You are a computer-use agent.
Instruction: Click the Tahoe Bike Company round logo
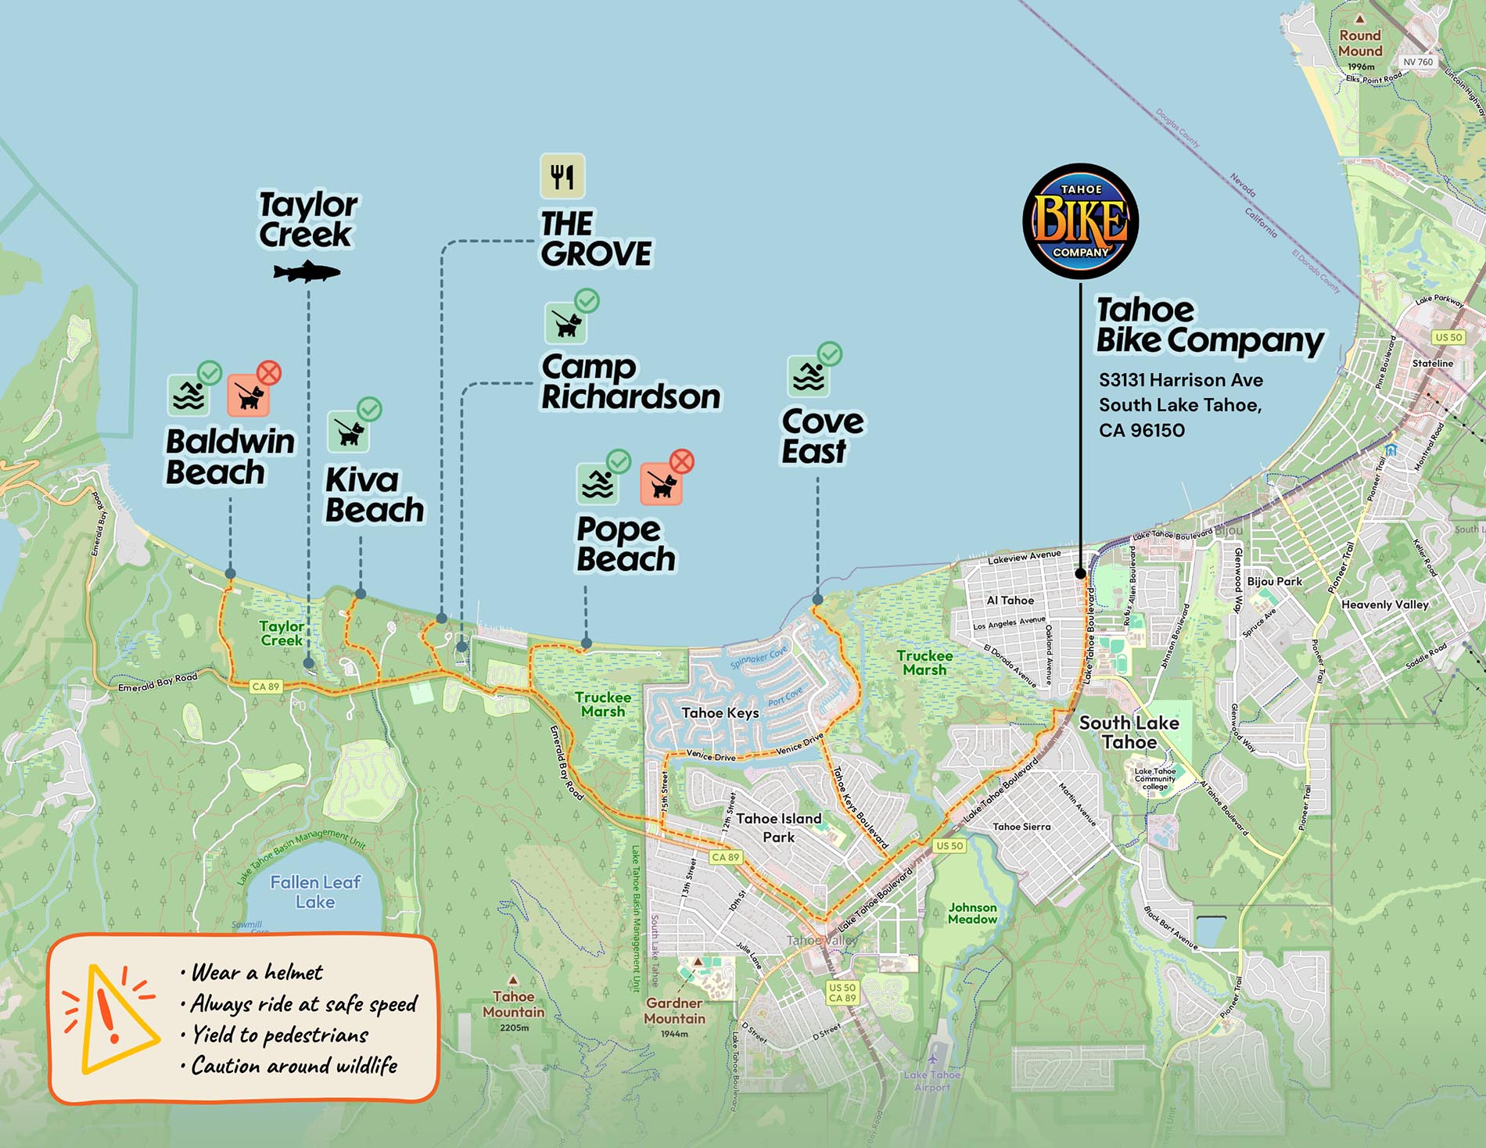(1080, 221)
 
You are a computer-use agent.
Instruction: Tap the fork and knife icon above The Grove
(562, 176)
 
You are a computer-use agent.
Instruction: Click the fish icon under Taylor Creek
(307, 272)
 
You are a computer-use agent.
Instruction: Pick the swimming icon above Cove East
(808, 376)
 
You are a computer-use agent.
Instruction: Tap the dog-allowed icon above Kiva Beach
(348, 430)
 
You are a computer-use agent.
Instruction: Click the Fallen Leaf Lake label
(315, 891)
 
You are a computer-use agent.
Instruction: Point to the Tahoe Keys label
(720, 712)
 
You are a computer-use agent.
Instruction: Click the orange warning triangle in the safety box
(111, 1017)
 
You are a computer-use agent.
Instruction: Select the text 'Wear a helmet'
(257, 972)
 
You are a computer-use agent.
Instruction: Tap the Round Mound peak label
(1360, 43)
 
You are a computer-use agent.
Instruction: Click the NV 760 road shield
(1418, 62)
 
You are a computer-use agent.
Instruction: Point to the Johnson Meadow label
(972, 913)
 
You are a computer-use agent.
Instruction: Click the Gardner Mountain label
(675, 1010)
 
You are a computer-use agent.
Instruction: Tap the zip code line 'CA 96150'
(1141, 430)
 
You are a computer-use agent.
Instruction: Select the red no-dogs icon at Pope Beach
(662, 483)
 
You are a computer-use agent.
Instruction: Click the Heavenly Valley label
(1384, 604)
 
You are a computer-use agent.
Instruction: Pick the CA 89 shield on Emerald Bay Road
(265, 687)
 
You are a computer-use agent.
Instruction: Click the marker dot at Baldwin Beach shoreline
(230, 574)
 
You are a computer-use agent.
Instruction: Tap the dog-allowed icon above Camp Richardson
(566, 322)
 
